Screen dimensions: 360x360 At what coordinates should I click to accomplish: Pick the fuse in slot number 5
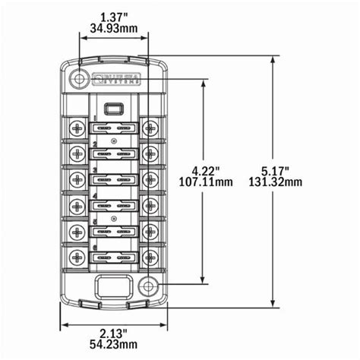click(114, 230)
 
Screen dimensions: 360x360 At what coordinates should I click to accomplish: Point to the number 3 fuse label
click(95, 169)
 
